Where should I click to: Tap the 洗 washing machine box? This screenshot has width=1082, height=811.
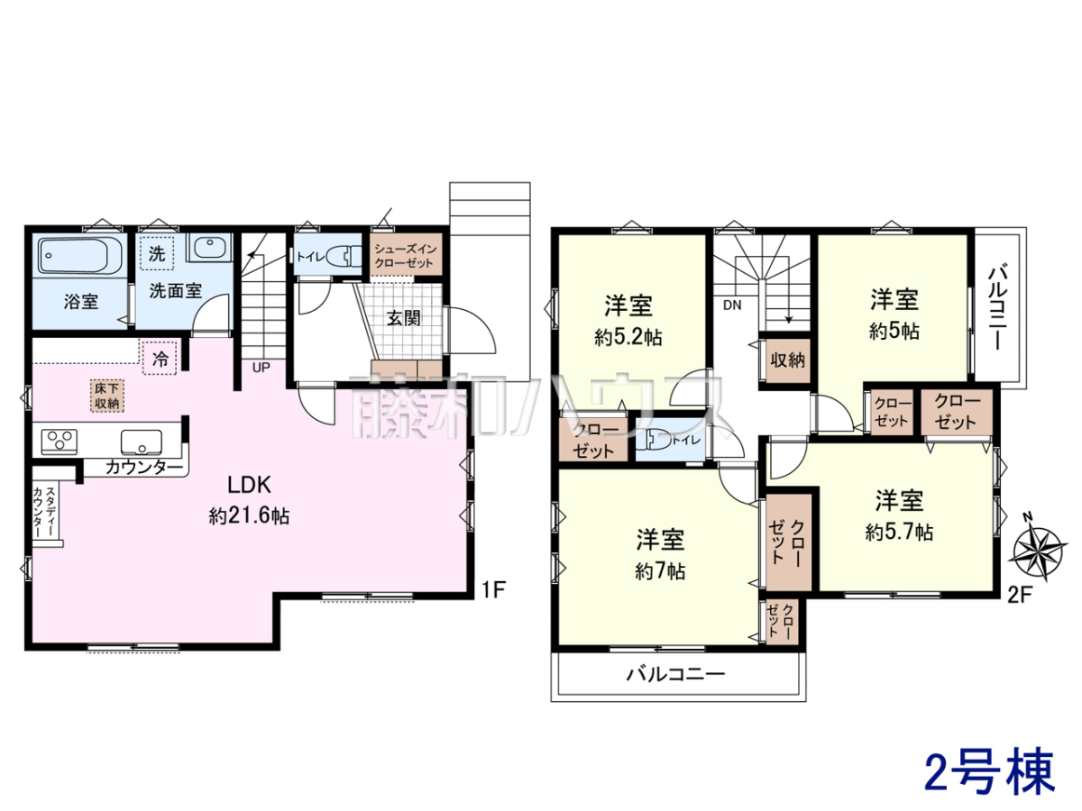[157, 253]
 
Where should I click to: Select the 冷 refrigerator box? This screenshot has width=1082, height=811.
[160, 359]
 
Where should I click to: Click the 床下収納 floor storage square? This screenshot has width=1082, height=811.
[107, 395]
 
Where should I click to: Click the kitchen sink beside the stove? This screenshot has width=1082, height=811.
[142, 442]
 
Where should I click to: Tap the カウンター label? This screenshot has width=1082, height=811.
[144, 466]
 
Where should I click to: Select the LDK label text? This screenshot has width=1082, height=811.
[249, 485]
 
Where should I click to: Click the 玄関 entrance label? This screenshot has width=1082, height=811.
[404, 318]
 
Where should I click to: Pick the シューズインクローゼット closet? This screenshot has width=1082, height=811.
[406, 254]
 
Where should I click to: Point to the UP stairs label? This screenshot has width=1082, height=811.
[261, 368]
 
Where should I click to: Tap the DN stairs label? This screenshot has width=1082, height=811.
[732, 305]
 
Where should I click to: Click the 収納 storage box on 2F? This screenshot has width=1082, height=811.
[788, 360]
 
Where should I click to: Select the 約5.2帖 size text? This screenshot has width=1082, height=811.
[628, 337]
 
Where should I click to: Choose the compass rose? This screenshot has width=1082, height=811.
[1038, 548]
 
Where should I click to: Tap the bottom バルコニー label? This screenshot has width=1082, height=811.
[676, 674]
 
